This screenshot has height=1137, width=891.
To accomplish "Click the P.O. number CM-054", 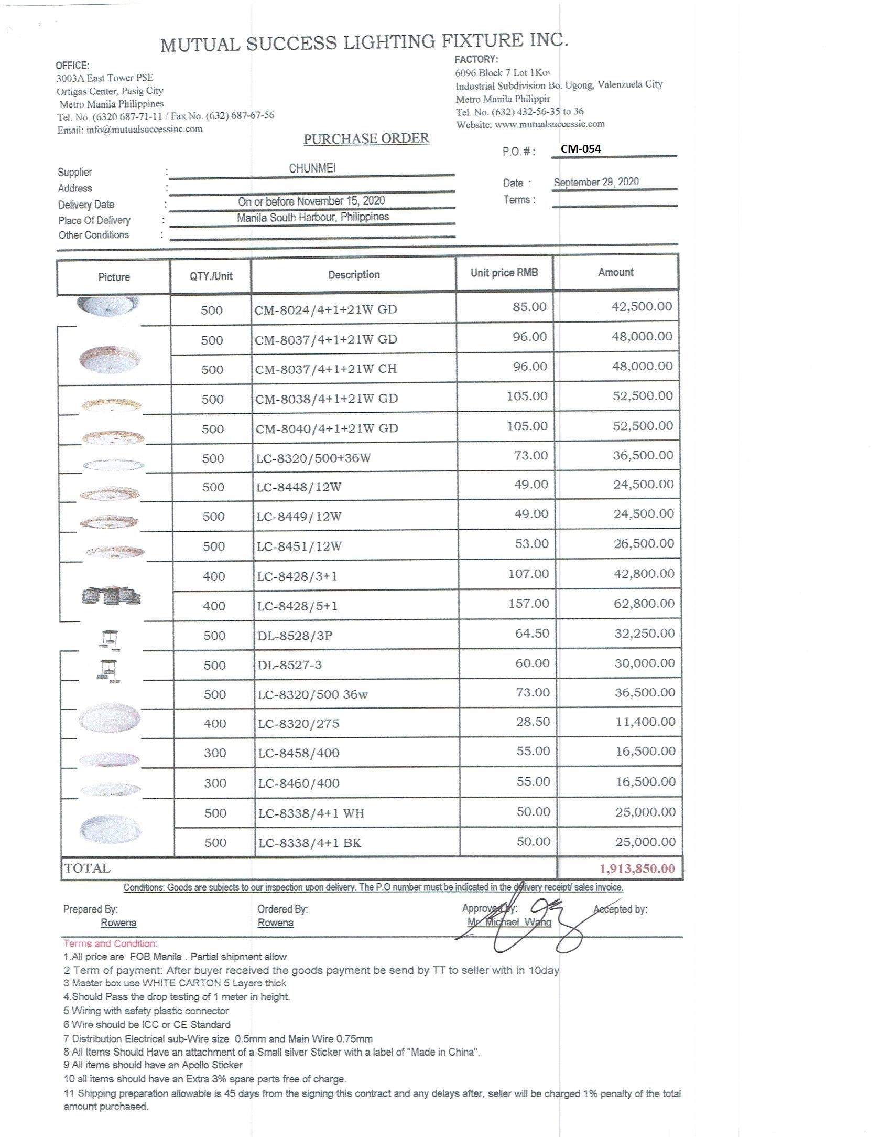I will click(581, 149).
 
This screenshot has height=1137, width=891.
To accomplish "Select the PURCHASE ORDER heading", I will click(366, 139).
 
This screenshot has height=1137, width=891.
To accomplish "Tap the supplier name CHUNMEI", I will click(312, 168).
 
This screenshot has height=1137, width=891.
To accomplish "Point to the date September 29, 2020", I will click(596, 182).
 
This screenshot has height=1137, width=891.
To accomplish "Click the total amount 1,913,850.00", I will click(637, 868).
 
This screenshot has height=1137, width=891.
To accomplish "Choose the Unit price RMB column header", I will click(504, 273).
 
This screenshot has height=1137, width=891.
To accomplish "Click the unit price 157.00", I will click(528, 604).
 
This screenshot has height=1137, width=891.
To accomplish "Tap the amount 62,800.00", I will click(644, 604).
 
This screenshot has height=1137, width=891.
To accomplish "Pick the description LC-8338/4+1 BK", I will click(309, 843).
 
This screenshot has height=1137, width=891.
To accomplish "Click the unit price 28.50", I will click(533, 722).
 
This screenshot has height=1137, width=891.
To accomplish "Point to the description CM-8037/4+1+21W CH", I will click(325, 369).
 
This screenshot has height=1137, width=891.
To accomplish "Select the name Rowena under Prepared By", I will click(118, 923).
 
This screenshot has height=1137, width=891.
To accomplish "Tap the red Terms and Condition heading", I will click(110, 943).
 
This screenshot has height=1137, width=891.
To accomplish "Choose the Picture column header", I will click(114, 277).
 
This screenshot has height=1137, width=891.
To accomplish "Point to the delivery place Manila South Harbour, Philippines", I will click(312, 217).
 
